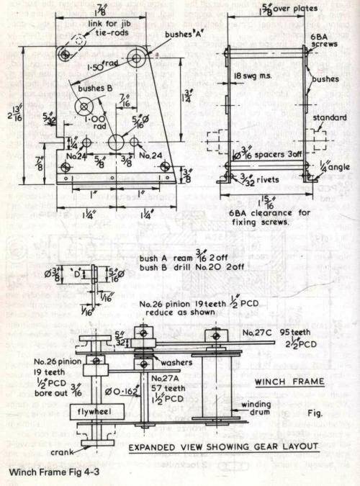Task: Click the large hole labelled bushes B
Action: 85,107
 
